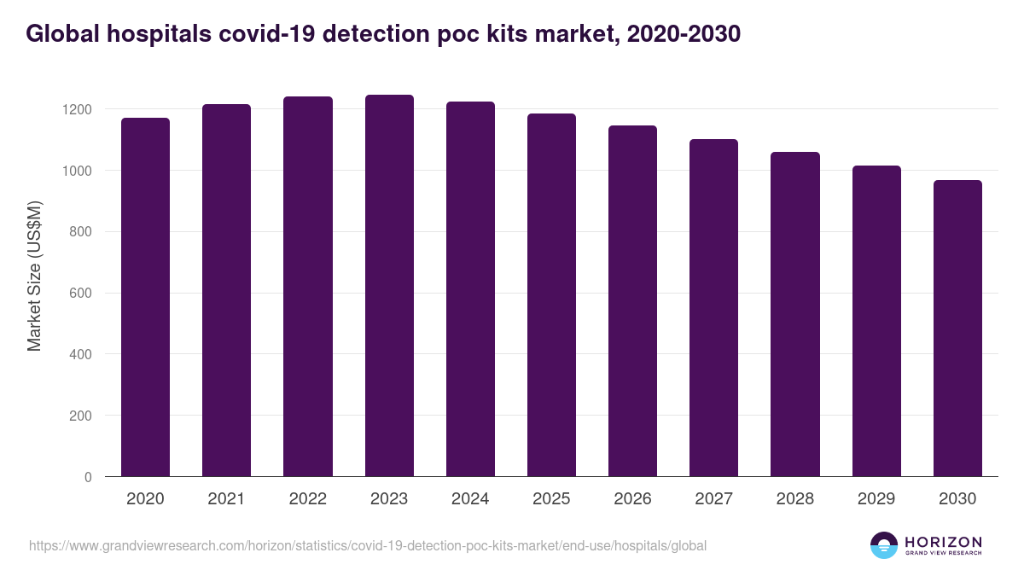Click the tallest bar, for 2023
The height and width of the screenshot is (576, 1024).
[389, 286]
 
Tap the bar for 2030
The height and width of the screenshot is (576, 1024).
[957, 329]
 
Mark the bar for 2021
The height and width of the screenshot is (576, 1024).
[226, 290]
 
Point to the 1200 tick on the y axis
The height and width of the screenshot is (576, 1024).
[76, 109]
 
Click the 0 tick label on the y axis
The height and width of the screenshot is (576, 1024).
[88, 477]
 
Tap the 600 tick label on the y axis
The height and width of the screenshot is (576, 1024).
[80, 293]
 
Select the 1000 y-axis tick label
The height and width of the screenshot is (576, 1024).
[76, 171]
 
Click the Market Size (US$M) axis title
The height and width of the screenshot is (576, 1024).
[34, 276]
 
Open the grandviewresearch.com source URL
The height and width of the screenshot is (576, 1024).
[368, 545]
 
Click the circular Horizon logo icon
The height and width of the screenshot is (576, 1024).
[884, 545]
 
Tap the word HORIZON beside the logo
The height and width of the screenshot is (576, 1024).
[943, 541]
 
